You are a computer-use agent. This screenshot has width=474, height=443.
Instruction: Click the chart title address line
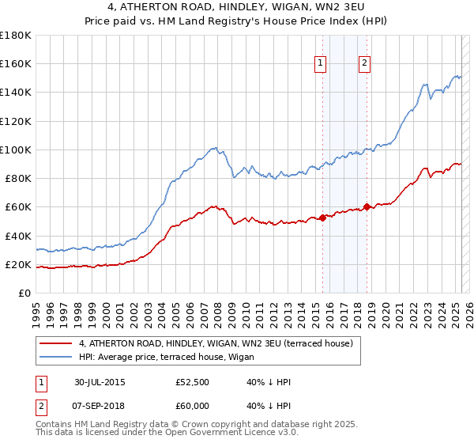coord(236,9)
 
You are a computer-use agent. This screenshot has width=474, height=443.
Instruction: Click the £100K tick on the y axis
coord(16,150)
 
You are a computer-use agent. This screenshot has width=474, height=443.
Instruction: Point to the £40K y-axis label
coord(17,236)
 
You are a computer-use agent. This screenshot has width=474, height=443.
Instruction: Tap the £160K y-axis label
coord(16,63)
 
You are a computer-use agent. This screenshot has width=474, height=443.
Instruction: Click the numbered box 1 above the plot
coord(322,64)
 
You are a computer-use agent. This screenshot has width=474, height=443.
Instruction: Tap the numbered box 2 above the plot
coord(364,64)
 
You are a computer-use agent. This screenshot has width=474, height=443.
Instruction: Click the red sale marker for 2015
coord(322,218)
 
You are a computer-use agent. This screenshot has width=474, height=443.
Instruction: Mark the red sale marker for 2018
coord(367,207)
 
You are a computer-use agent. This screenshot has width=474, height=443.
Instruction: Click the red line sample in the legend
coord(56,343)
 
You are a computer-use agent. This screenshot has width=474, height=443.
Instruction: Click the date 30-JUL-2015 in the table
coord(99,383)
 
